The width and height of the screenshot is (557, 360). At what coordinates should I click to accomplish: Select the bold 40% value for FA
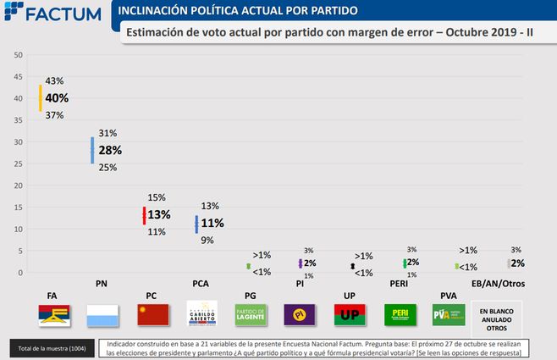pyautogui.click(x=57, y=98)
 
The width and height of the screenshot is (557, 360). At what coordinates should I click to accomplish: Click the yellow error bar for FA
pyautogui.click(x=40, y=98)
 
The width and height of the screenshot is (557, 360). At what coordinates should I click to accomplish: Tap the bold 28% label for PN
pyautogui.click(x=111, y=150)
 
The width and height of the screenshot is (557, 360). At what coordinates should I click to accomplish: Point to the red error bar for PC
pyautogui.click(x=145, y=214)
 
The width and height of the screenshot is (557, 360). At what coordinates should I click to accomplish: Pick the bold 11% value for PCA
pyautogui.click(x=212, y=224)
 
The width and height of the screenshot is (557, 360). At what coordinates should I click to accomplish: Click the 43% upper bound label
pyautogui.click(x=55, y=80)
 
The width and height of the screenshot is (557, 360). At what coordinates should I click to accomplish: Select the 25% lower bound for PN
pyautogui.click(x=108, y=167)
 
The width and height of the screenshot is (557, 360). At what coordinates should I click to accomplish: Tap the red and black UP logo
pyautogui.click(x=349, y=315)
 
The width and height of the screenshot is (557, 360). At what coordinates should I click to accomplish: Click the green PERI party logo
pyautogui.click(x=399, y=315)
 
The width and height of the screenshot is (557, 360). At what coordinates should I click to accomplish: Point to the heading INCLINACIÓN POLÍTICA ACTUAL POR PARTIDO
pyautogui.click(x=236, y=11)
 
